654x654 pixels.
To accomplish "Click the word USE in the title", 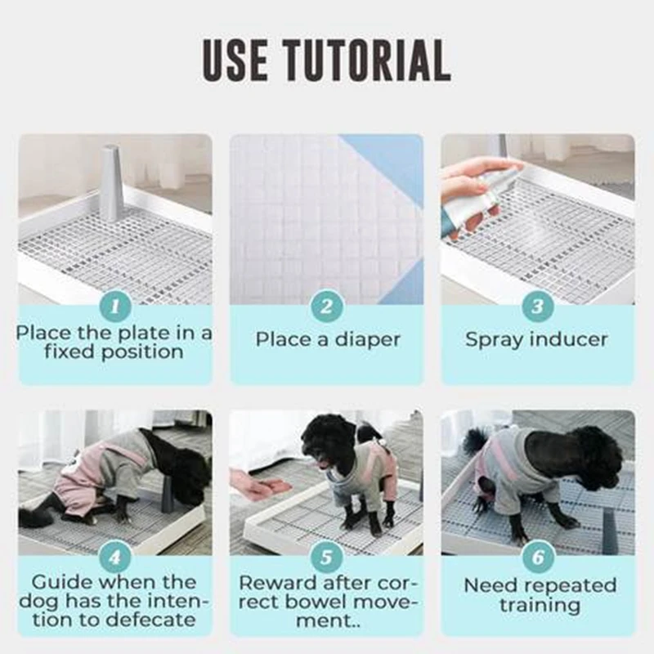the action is [235, 60].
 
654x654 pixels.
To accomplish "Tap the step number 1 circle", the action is [115, 306].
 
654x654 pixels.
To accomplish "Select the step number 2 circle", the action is [326, 306].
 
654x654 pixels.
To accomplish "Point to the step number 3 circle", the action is [538, 306].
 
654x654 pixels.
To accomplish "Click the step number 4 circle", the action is [115, 557].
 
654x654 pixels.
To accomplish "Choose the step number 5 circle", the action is [326, 557].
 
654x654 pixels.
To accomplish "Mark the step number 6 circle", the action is [538, 557].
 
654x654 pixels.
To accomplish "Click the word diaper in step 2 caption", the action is [367, 340].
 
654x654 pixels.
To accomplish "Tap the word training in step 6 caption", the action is [540, 605].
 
